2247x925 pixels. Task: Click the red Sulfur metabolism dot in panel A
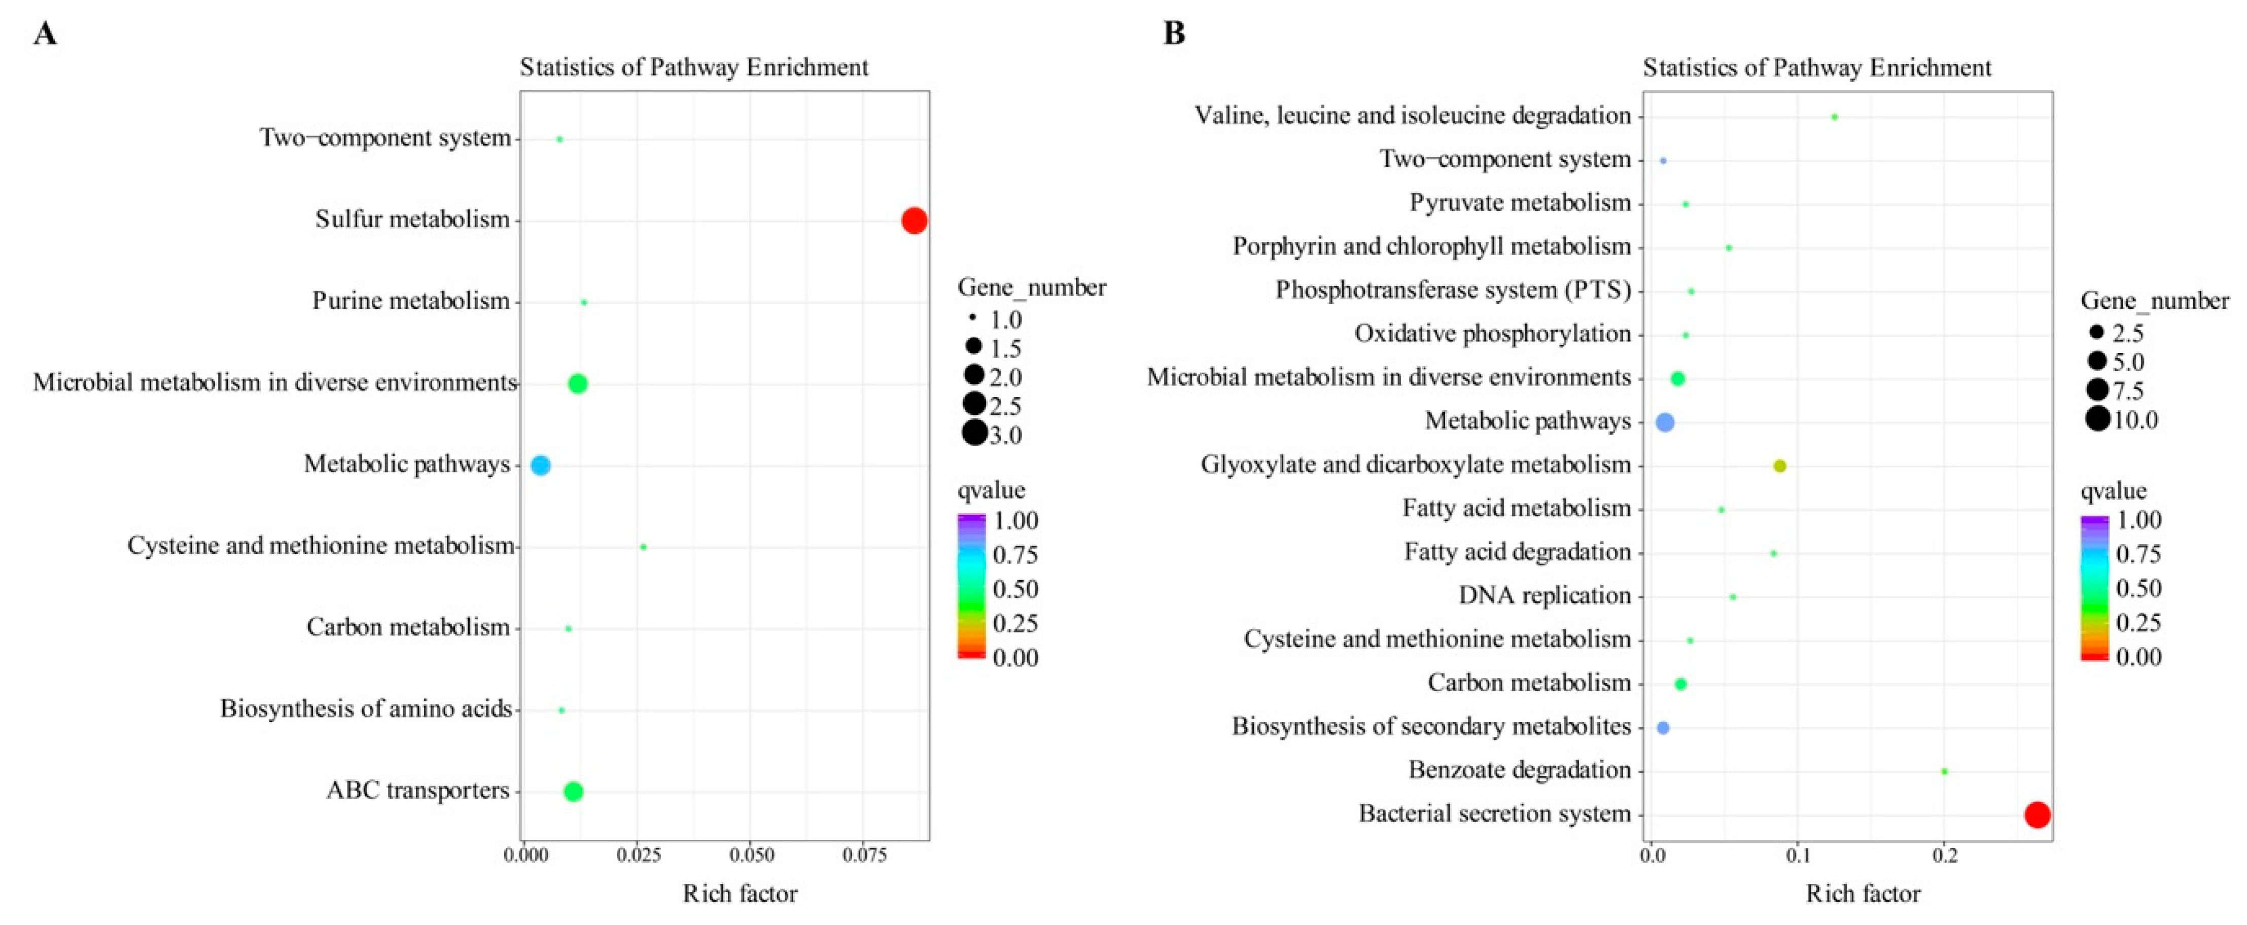(914, 221)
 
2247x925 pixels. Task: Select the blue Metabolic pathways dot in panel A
(541, 466)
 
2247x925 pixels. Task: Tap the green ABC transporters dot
(573, 792)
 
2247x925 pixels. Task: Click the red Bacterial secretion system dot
(2037, 815)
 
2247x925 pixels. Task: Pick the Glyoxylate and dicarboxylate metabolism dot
(1779, 467)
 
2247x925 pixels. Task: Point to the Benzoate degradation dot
(1944, 771)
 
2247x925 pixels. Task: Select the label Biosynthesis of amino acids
(366, 709)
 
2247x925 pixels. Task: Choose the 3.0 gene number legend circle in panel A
(974, 433)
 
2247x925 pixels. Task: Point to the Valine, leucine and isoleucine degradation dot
(1835, 117)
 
